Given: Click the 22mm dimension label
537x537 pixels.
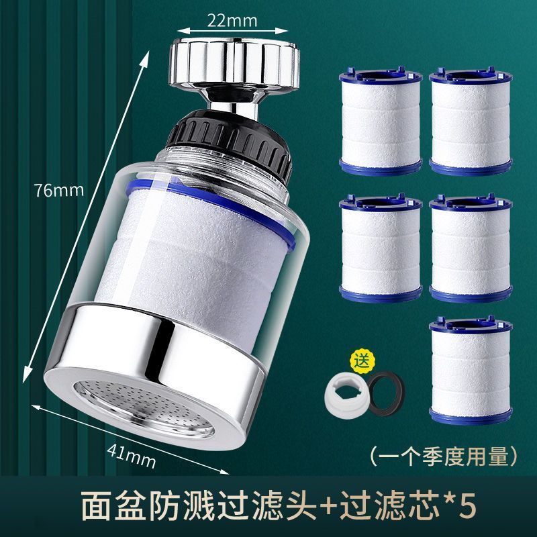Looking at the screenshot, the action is pos(232,20).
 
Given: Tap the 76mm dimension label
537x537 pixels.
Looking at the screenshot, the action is pos(58,190).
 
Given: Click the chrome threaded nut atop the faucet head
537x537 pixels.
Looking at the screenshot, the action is pos(234,62).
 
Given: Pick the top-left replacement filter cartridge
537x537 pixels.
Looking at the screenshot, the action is pos(381,121).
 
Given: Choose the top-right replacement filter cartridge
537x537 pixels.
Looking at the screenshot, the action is pos(471,121).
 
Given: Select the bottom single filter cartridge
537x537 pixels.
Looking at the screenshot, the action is pos(471,369).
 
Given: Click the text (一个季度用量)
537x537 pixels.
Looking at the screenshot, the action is pos(444,456).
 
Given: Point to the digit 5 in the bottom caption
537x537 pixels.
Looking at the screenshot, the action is pos(468,505).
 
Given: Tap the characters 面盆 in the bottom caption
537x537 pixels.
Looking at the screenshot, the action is pos(115,505).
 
